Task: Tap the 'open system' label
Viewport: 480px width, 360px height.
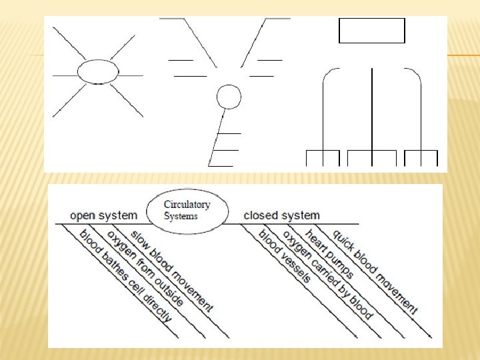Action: click(x=104, y=215)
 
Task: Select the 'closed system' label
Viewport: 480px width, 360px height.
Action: click(x=281, y=215)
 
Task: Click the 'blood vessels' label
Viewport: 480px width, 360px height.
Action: click(x=284, y=255)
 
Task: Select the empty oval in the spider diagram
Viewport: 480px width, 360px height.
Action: click(x=97, y=71)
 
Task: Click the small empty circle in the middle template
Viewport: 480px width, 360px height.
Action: click(x=229, y=97)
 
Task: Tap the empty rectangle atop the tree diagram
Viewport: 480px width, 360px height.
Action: click(x=371, y=31)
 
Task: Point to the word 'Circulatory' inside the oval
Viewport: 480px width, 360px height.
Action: click(x=187, y=205)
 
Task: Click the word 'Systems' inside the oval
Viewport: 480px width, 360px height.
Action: click(x=181, y=216)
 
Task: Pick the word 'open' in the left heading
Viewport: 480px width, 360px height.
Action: click(x=83, y=215)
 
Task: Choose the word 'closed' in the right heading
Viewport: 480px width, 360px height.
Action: click(x=261, y=215)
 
